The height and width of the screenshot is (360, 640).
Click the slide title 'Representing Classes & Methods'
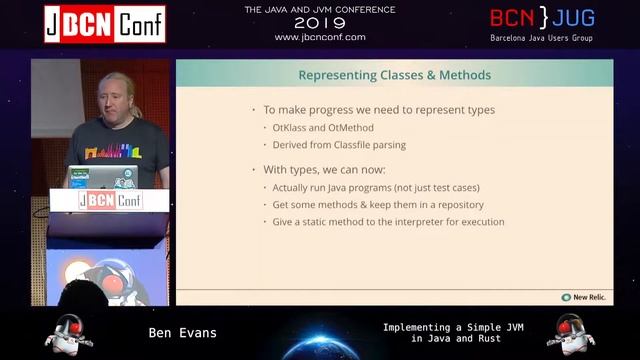pyautogui.click(x=395, y=75)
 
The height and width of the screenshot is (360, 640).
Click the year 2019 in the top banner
pyautogui.click(x=320, y=23)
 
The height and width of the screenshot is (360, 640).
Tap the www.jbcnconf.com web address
pyautogui.click(x=320, y=37)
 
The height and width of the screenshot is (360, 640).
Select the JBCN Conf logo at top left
pyautogui.click(x=104, y=23)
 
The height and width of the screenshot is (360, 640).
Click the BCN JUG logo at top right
pyautogui.click(x=540, y=18)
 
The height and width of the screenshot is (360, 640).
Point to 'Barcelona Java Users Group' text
pyautogui.click(x=541, y=38)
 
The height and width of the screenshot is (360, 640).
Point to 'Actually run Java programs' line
pyautogui.click(x=376, y=188)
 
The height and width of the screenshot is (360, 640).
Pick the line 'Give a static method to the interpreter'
pyautogui.click(x=388, y=222)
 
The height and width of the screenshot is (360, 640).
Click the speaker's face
pyautogui.click(x=110, y=95)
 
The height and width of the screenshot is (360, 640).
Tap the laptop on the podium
pyautogui.click(x=101, y=177)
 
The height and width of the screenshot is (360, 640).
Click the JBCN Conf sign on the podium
pyautogui.click(x=110, y=200)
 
